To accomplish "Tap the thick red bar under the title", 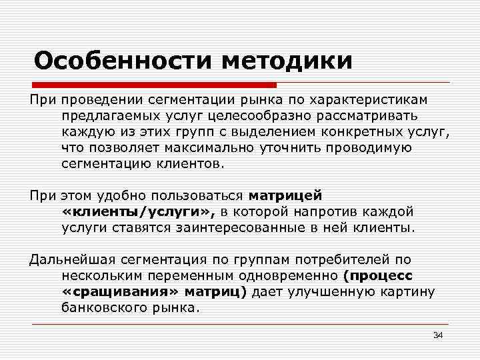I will point(154,85).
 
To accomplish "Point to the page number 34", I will point(438,335).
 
